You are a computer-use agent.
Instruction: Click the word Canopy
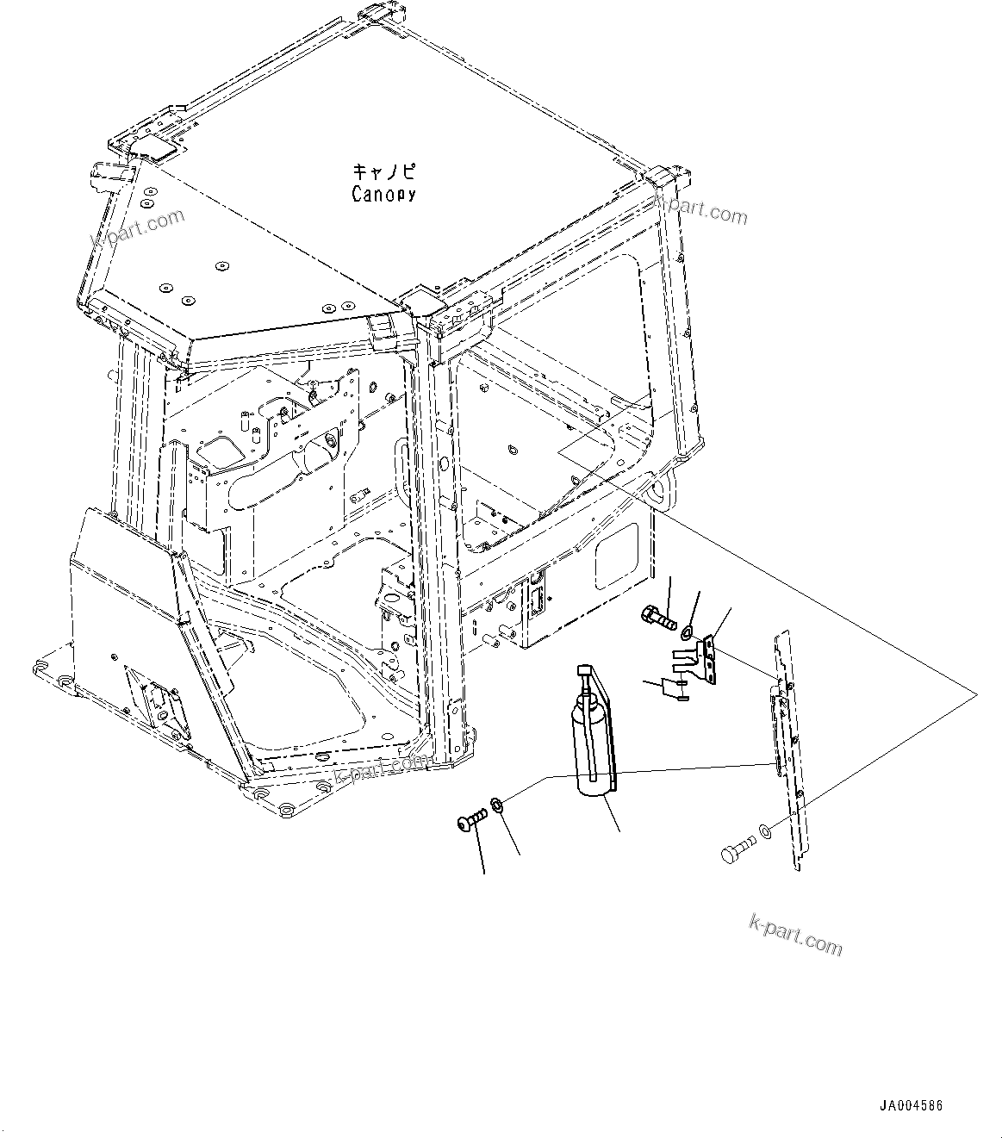click(x=383, y=194)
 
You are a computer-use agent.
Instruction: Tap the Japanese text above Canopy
click(x=383, y=171)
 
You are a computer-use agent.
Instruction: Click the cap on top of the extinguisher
click(x=585, y=669)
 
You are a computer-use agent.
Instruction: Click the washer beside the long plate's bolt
click(x=765, y=834)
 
